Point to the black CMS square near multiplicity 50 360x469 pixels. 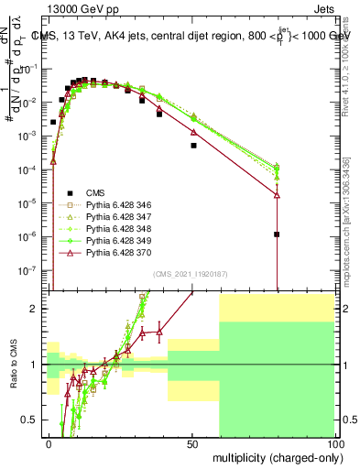pyautogui.click(x=193, y=146)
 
